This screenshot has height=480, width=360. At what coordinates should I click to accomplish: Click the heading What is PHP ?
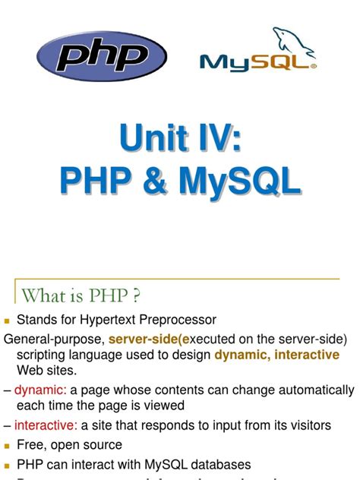pyautogui.click(x=81, y=294)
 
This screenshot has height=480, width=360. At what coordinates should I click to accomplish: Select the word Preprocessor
pyautogui.click(x=178, y=320)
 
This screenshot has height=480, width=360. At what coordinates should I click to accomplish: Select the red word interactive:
pyautogui.click(x=46, y=425)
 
